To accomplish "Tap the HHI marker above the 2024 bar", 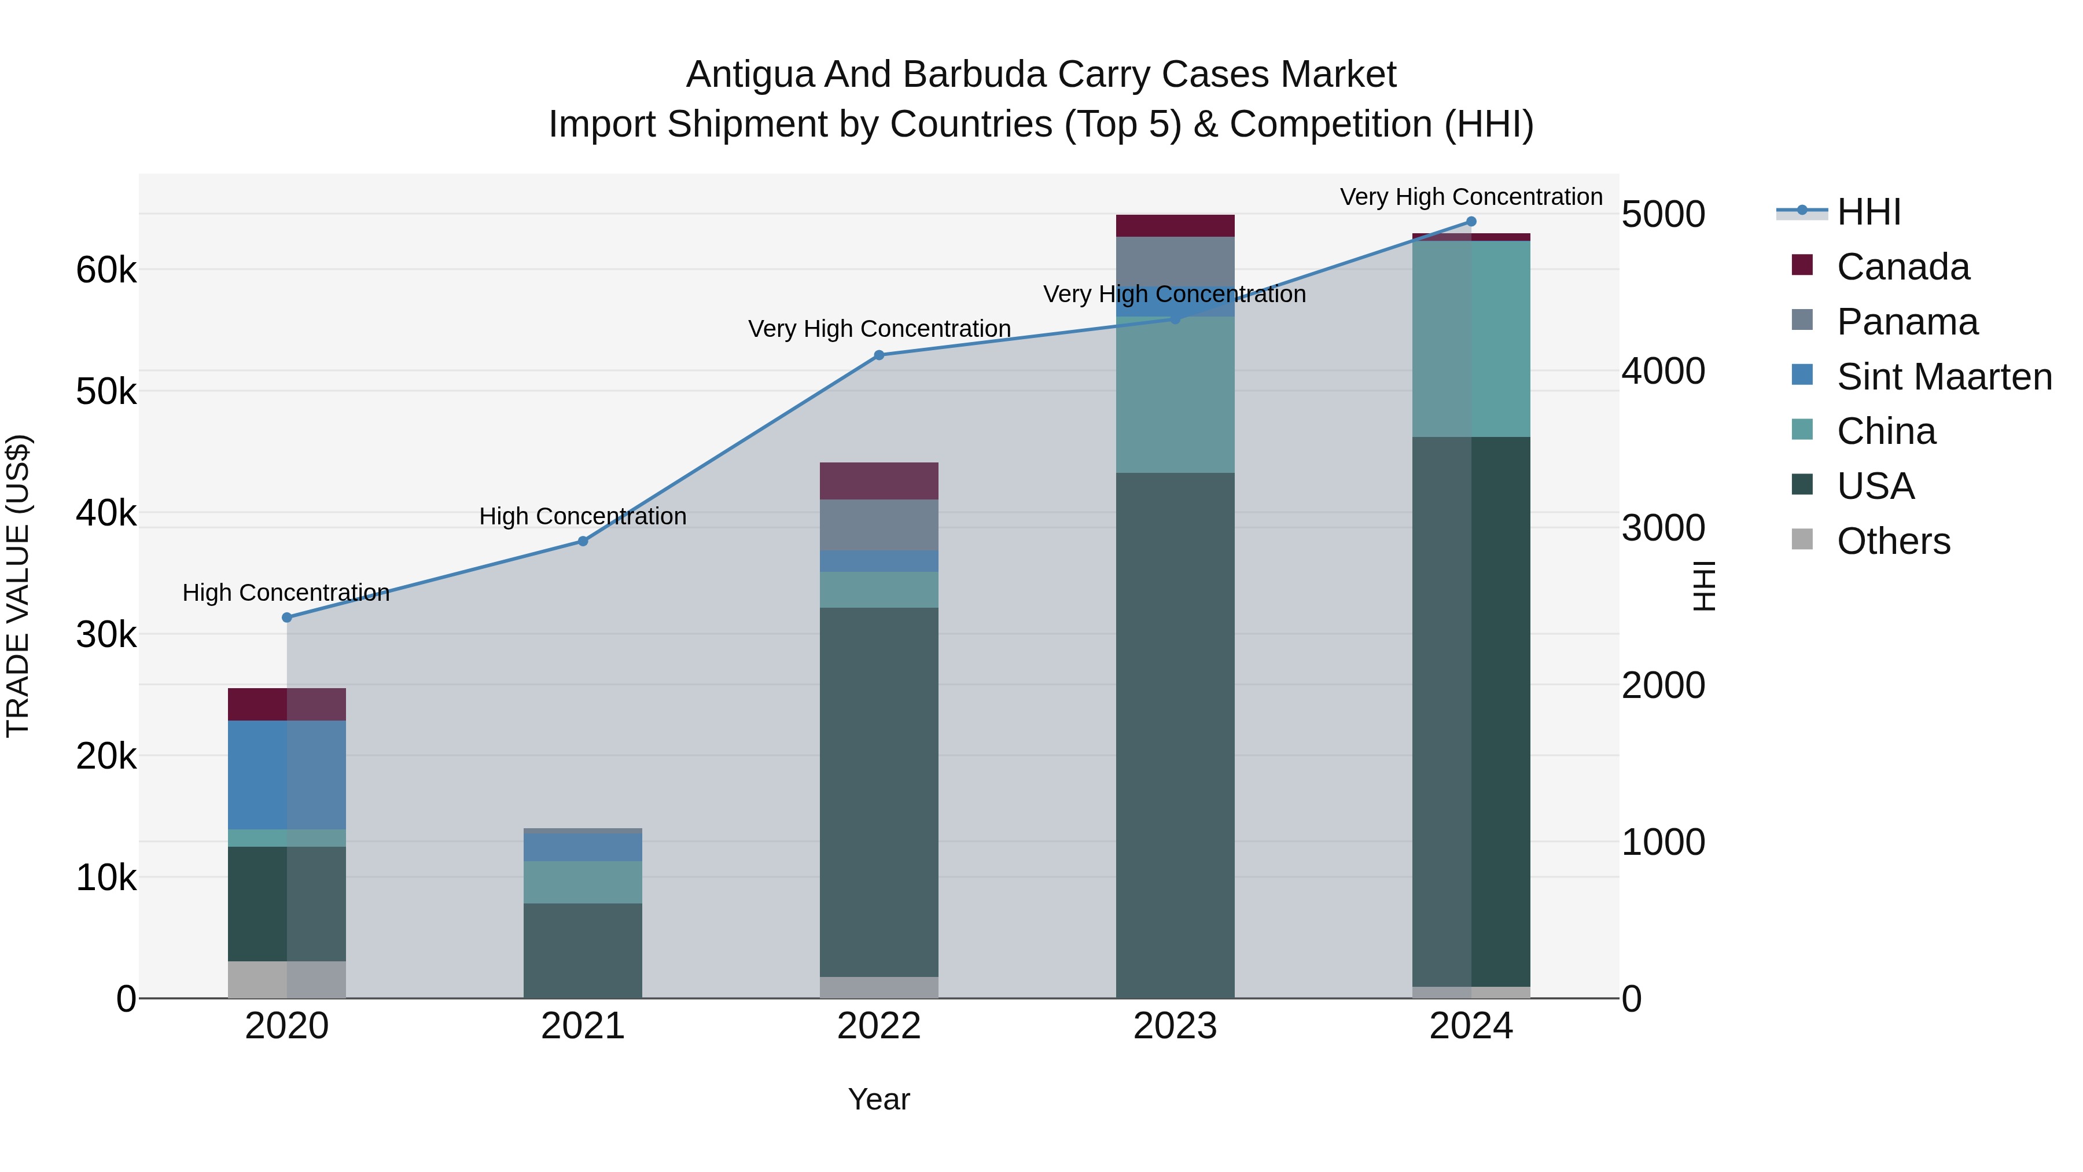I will coord(1471,222).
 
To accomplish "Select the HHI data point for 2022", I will coord(879,355).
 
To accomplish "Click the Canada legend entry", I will coord(1902,267).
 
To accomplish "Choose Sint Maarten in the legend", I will coord(1944,377).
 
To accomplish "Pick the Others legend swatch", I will coord(1802,539).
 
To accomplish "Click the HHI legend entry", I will coord(1868,212).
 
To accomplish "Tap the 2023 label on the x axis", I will coord(1175,1026).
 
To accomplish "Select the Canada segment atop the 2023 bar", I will coord(1175,226).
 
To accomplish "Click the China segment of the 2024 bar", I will coord(1471,339).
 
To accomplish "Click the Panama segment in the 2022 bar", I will coord(879,525).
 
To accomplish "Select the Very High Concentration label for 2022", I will coord(879,329).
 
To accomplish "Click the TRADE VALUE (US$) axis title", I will coord(18,586).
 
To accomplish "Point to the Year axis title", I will coord(879,1099).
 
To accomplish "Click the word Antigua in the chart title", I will coord(749,75).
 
